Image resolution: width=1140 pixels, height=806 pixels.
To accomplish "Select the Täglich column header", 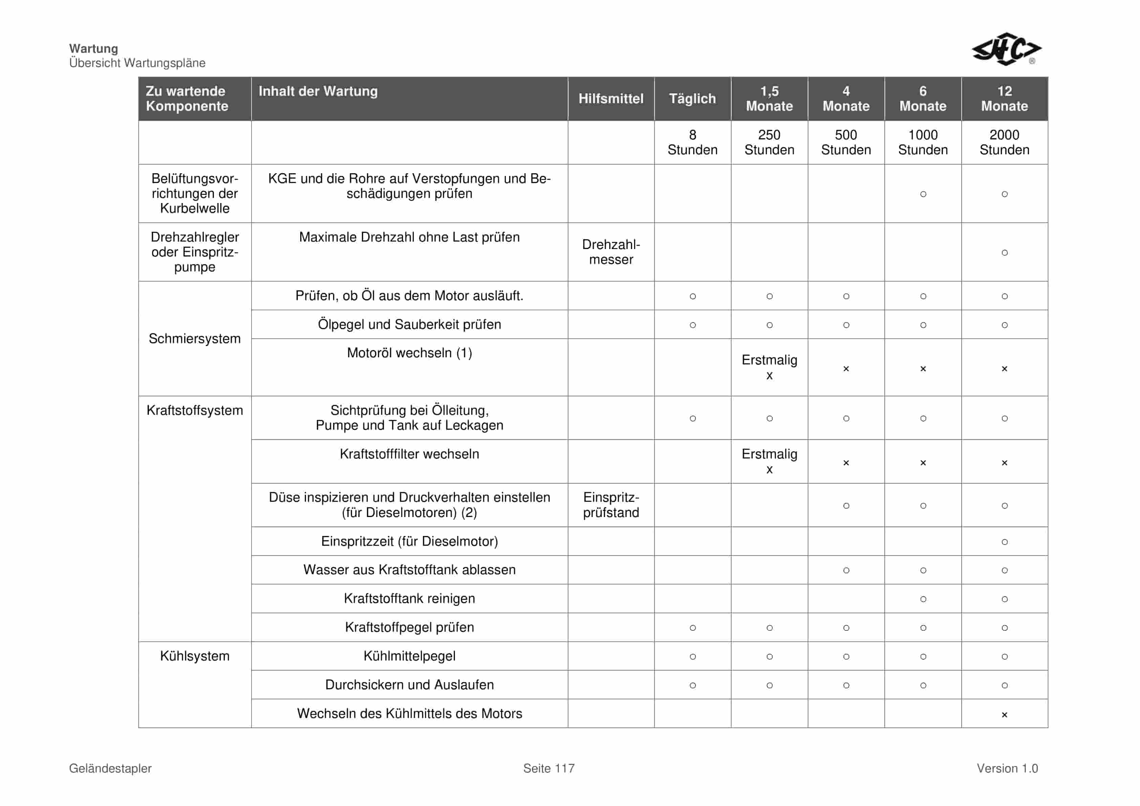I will click(x=692, y=99).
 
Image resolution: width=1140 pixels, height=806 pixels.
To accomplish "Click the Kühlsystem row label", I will click(x=195, y=656).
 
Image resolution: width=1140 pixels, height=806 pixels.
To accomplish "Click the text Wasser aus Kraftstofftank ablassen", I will click(x=409, y=570).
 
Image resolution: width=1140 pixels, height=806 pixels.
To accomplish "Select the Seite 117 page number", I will click(x=549, y=769).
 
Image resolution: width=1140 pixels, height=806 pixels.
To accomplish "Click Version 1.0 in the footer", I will click(x=1007, y=769).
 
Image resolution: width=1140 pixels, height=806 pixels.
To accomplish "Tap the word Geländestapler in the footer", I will click(x=110, y=769).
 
